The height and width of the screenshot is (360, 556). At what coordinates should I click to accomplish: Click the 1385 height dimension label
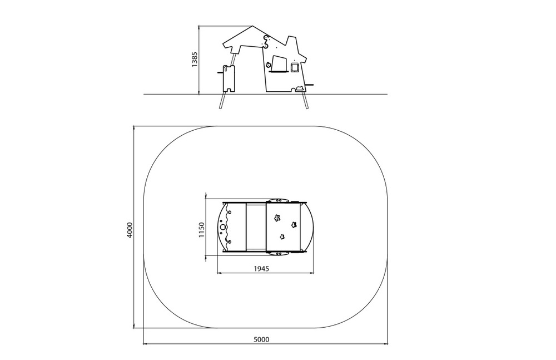tap(195, 60)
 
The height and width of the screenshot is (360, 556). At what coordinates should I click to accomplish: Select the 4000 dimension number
tap(130, 230)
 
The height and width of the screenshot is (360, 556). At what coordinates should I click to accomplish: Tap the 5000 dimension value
tap(261, 339)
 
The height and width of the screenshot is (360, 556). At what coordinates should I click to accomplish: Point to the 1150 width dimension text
tap(201, 230)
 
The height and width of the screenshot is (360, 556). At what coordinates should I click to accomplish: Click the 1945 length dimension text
tap(261, 268)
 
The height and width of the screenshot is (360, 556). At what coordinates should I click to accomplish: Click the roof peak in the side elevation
tap(252, 26)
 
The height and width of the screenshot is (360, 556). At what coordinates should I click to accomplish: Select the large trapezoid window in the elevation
tap(279, 63)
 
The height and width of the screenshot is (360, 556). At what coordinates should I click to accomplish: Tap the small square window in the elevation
tap(295, 67)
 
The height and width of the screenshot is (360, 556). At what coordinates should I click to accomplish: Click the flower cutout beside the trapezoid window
tap(269, 65)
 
